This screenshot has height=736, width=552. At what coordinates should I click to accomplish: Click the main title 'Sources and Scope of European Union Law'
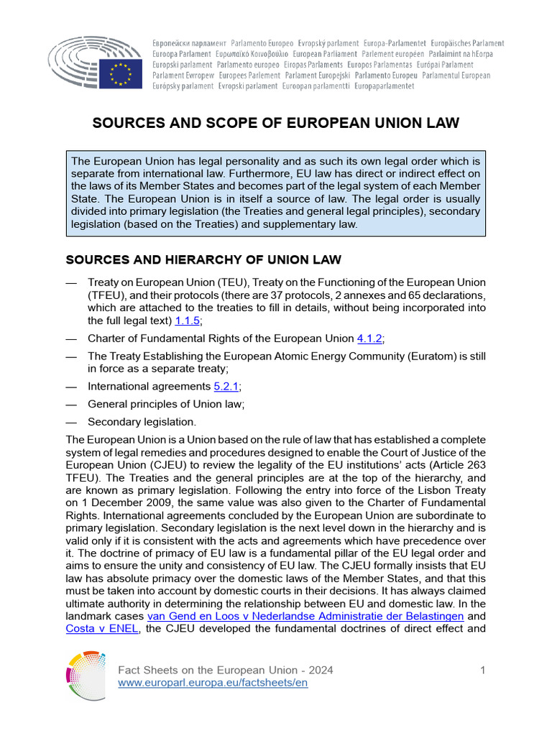[x=276, y=124]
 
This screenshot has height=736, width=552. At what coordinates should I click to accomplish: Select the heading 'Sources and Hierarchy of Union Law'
[x=203, y=259]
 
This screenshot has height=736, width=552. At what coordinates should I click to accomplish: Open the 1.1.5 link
[x=188, y=321]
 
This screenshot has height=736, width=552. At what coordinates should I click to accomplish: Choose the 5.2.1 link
[x=226, y=386]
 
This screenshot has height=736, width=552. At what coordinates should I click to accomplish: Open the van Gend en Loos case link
[x=305, y=616]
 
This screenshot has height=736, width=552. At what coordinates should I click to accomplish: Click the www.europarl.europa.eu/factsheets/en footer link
[x=213, y=683]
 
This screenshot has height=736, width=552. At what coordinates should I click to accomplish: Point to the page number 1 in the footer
[x=483, y=670]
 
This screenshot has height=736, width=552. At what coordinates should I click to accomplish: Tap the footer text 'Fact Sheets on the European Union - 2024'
[x=225, y=670]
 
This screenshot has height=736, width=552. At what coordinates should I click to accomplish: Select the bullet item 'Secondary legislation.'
[x=142, y=422]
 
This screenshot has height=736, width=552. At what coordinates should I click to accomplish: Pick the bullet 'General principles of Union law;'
[x=166, y=404]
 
